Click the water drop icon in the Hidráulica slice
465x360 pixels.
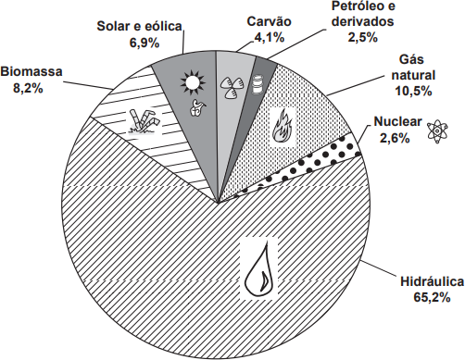[x=258, y=268]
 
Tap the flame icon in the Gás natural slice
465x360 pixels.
[x=283, y=126]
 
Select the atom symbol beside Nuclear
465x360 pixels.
[x=437, y=130]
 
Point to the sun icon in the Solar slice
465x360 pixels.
[x=194, y=81]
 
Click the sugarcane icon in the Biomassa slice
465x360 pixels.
[x=145, y=122]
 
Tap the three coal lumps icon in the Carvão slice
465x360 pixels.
[x=232, y=87]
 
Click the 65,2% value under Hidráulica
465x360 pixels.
[x=432, y=298]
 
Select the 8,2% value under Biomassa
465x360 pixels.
[x=28, y=88]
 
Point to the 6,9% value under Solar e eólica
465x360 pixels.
[x=145, y=43]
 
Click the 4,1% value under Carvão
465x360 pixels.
[x=269, y=37]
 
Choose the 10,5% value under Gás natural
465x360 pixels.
[x=413, y=91]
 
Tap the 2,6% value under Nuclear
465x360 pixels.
[x=395, y=138]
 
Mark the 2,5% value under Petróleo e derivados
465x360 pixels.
[x=363, y=37]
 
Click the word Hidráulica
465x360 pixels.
[x=432, y=281]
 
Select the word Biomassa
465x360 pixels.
[x=31, y=72]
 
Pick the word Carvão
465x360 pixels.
[x=270, y=21]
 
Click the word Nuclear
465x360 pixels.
[x=397, y=121]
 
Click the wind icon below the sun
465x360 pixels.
[x=197, y=107]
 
